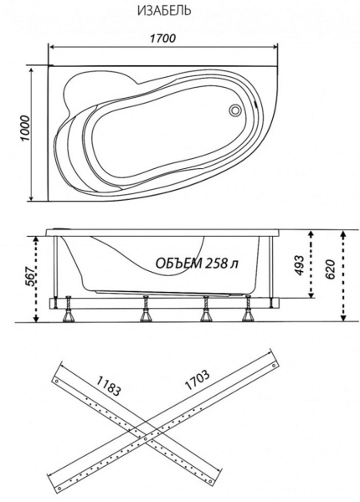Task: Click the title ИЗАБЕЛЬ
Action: click(161, 12)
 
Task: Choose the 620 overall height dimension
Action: click(332, 270)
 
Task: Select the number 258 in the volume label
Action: click(217, 264)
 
